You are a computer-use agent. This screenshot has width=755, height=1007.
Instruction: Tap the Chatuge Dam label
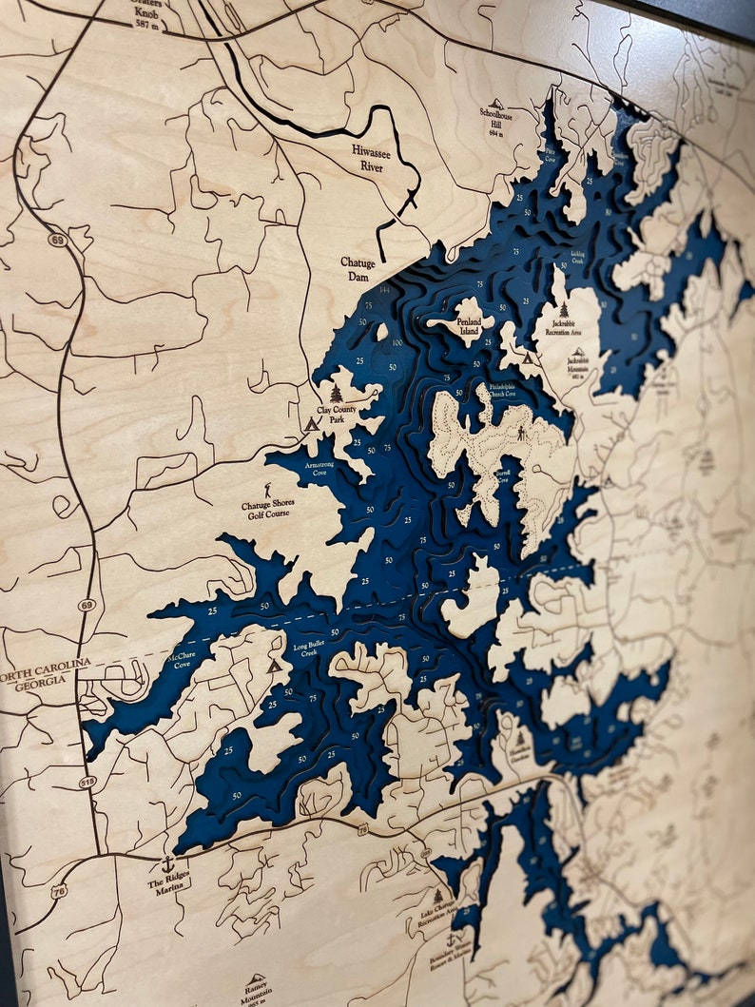358,268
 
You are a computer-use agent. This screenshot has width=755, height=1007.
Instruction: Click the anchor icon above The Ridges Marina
167,864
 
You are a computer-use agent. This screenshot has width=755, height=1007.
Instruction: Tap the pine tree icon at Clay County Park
336,394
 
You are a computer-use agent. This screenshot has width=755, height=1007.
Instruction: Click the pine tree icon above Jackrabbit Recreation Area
564,310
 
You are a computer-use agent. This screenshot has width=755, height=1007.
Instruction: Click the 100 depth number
395,341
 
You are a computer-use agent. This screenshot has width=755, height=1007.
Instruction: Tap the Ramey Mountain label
256,989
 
